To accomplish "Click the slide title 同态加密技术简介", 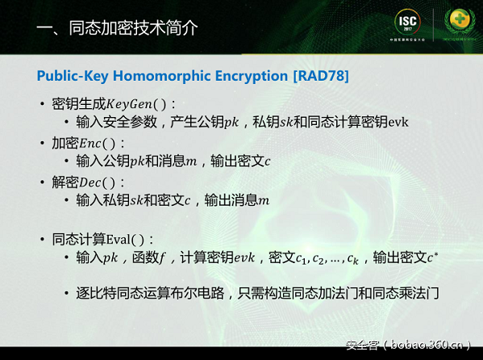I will point(118,29).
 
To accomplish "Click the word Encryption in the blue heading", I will point(252,75).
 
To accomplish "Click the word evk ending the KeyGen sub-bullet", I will point(398,123).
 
